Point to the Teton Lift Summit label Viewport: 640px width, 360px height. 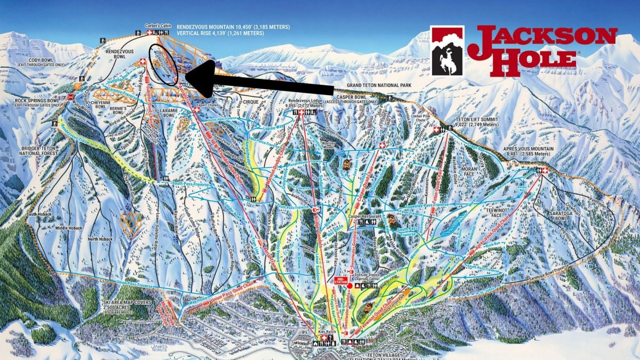pos(475,123)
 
